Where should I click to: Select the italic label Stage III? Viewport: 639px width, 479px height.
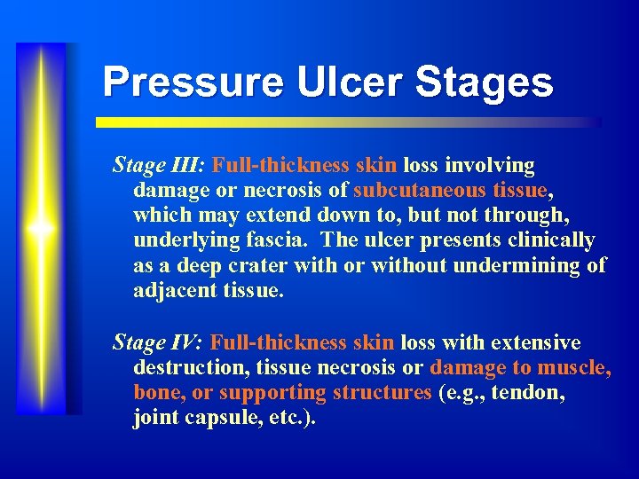160,165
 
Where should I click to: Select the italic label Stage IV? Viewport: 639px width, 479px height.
159,342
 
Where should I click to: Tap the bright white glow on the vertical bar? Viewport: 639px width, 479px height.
41,228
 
